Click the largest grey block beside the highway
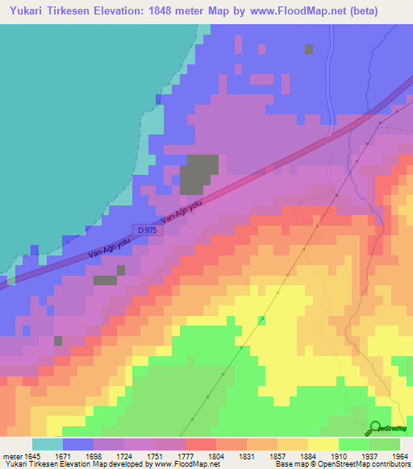[x=198, y=173]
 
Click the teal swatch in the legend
[x=47, y=443]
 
